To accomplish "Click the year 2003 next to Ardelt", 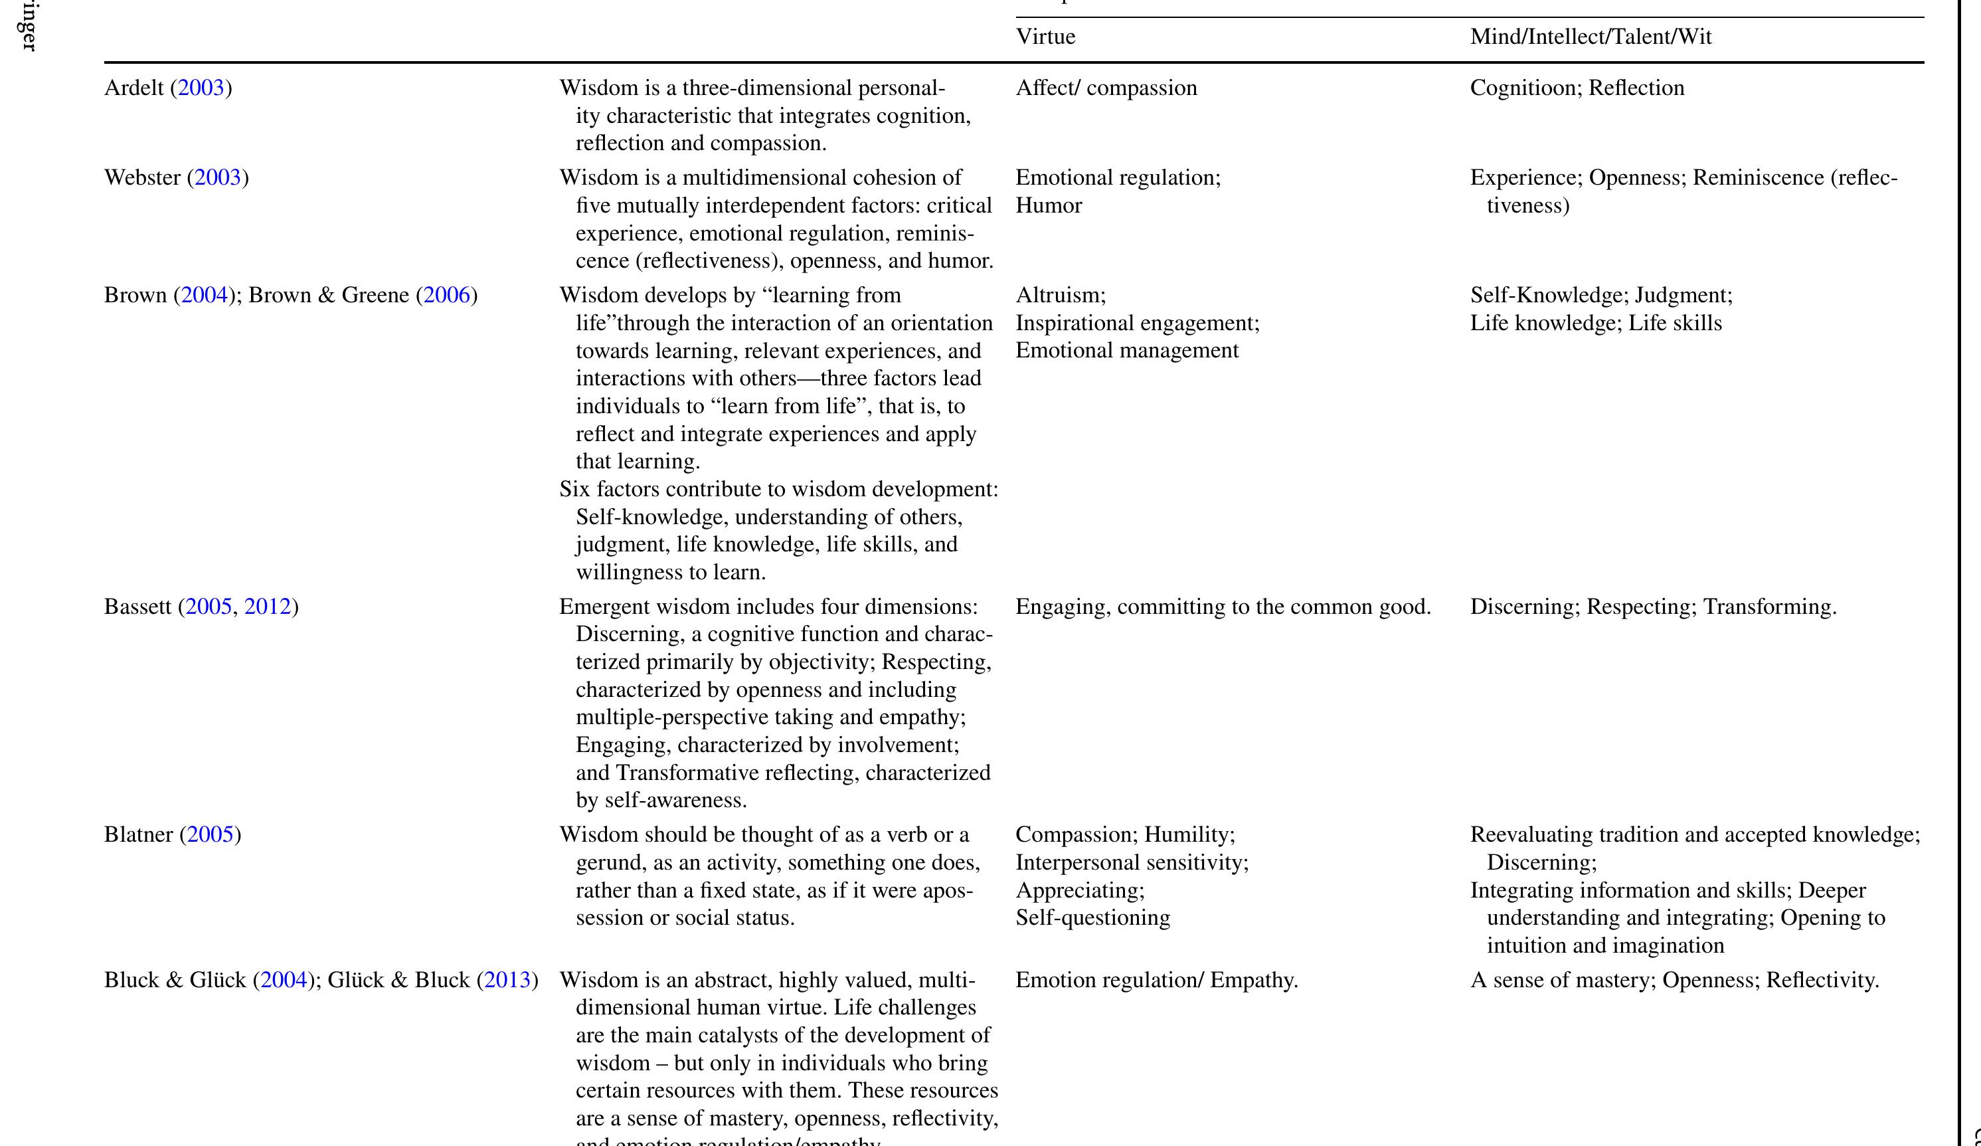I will click(x=201, y=87).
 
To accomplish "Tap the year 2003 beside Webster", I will click(x=218, y=178).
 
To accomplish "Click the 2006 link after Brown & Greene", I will click(x=446, y=296).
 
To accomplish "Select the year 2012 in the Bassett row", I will click(x=267, y=607).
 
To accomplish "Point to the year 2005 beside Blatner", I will click(x=211, y=834).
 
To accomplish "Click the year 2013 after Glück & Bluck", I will click(x=508, y=980).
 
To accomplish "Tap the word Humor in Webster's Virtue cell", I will click(x=1049, y=205).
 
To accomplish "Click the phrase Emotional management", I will click(x=1126, y=351).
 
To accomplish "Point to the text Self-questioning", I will click(x=1092, y=918).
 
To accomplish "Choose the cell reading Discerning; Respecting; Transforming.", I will click(x=1652, y=607).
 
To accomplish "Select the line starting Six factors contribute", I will click(x=778, y=489).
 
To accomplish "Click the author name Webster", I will click(x=142, y=178).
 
